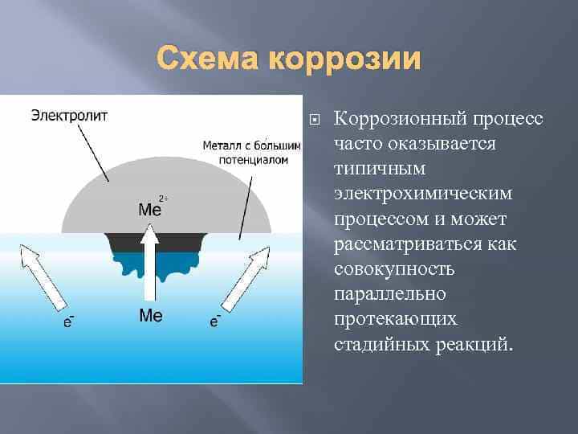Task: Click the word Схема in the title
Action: (x=207, y=58)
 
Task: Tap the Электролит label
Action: (x=69, y=116)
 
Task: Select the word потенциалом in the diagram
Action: (x=253, y=161)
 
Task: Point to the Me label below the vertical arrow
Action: (x=151, y=316)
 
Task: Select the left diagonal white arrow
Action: (x=43, y=277)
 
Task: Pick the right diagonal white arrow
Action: (x=246, y=279)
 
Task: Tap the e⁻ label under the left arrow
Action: (x=68, y=321)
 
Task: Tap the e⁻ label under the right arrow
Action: (x=215, y=321)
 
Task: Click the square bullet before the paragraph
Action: (x=315, y=120)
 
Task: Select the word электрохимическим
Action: (x=423, y=194)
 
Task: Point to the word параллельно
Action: (x=390, y=294)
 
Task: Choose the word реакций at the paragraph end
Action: (x=474, y=344)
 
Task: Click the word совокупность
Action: (x=394, y=269)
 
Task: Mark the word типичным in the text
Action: (x=380, y=168)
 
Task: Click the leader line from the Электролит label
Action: (x=93, y=153)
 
